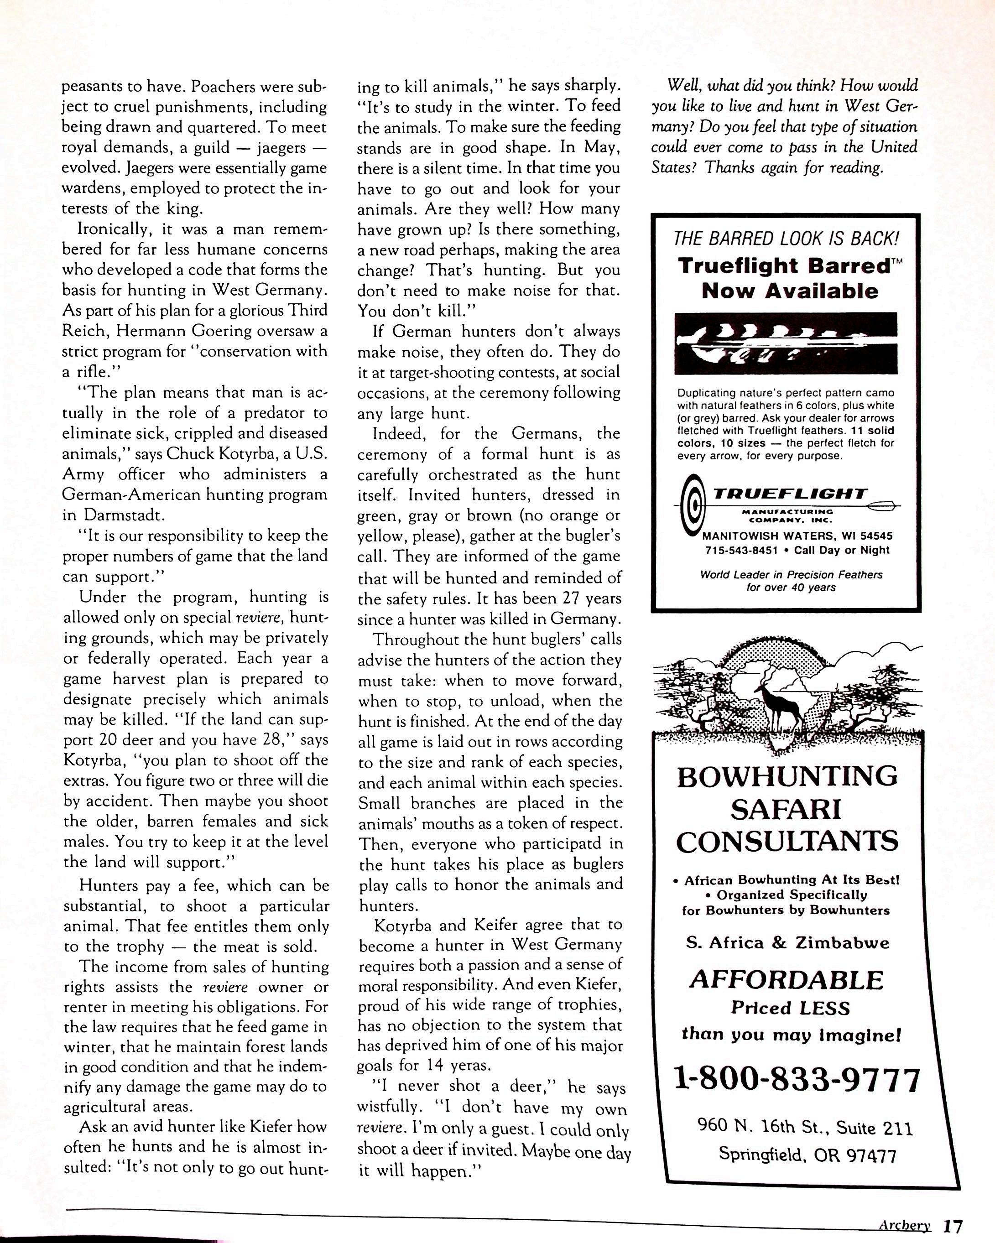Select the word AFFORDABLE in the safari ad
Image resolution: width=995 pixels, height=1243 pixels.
(787, 979)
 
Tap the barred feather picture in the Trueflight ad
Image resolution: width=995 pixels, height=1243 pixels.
(785, 343)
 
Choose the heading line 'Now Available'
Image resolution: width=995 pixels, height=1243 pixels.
(789, 291)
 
